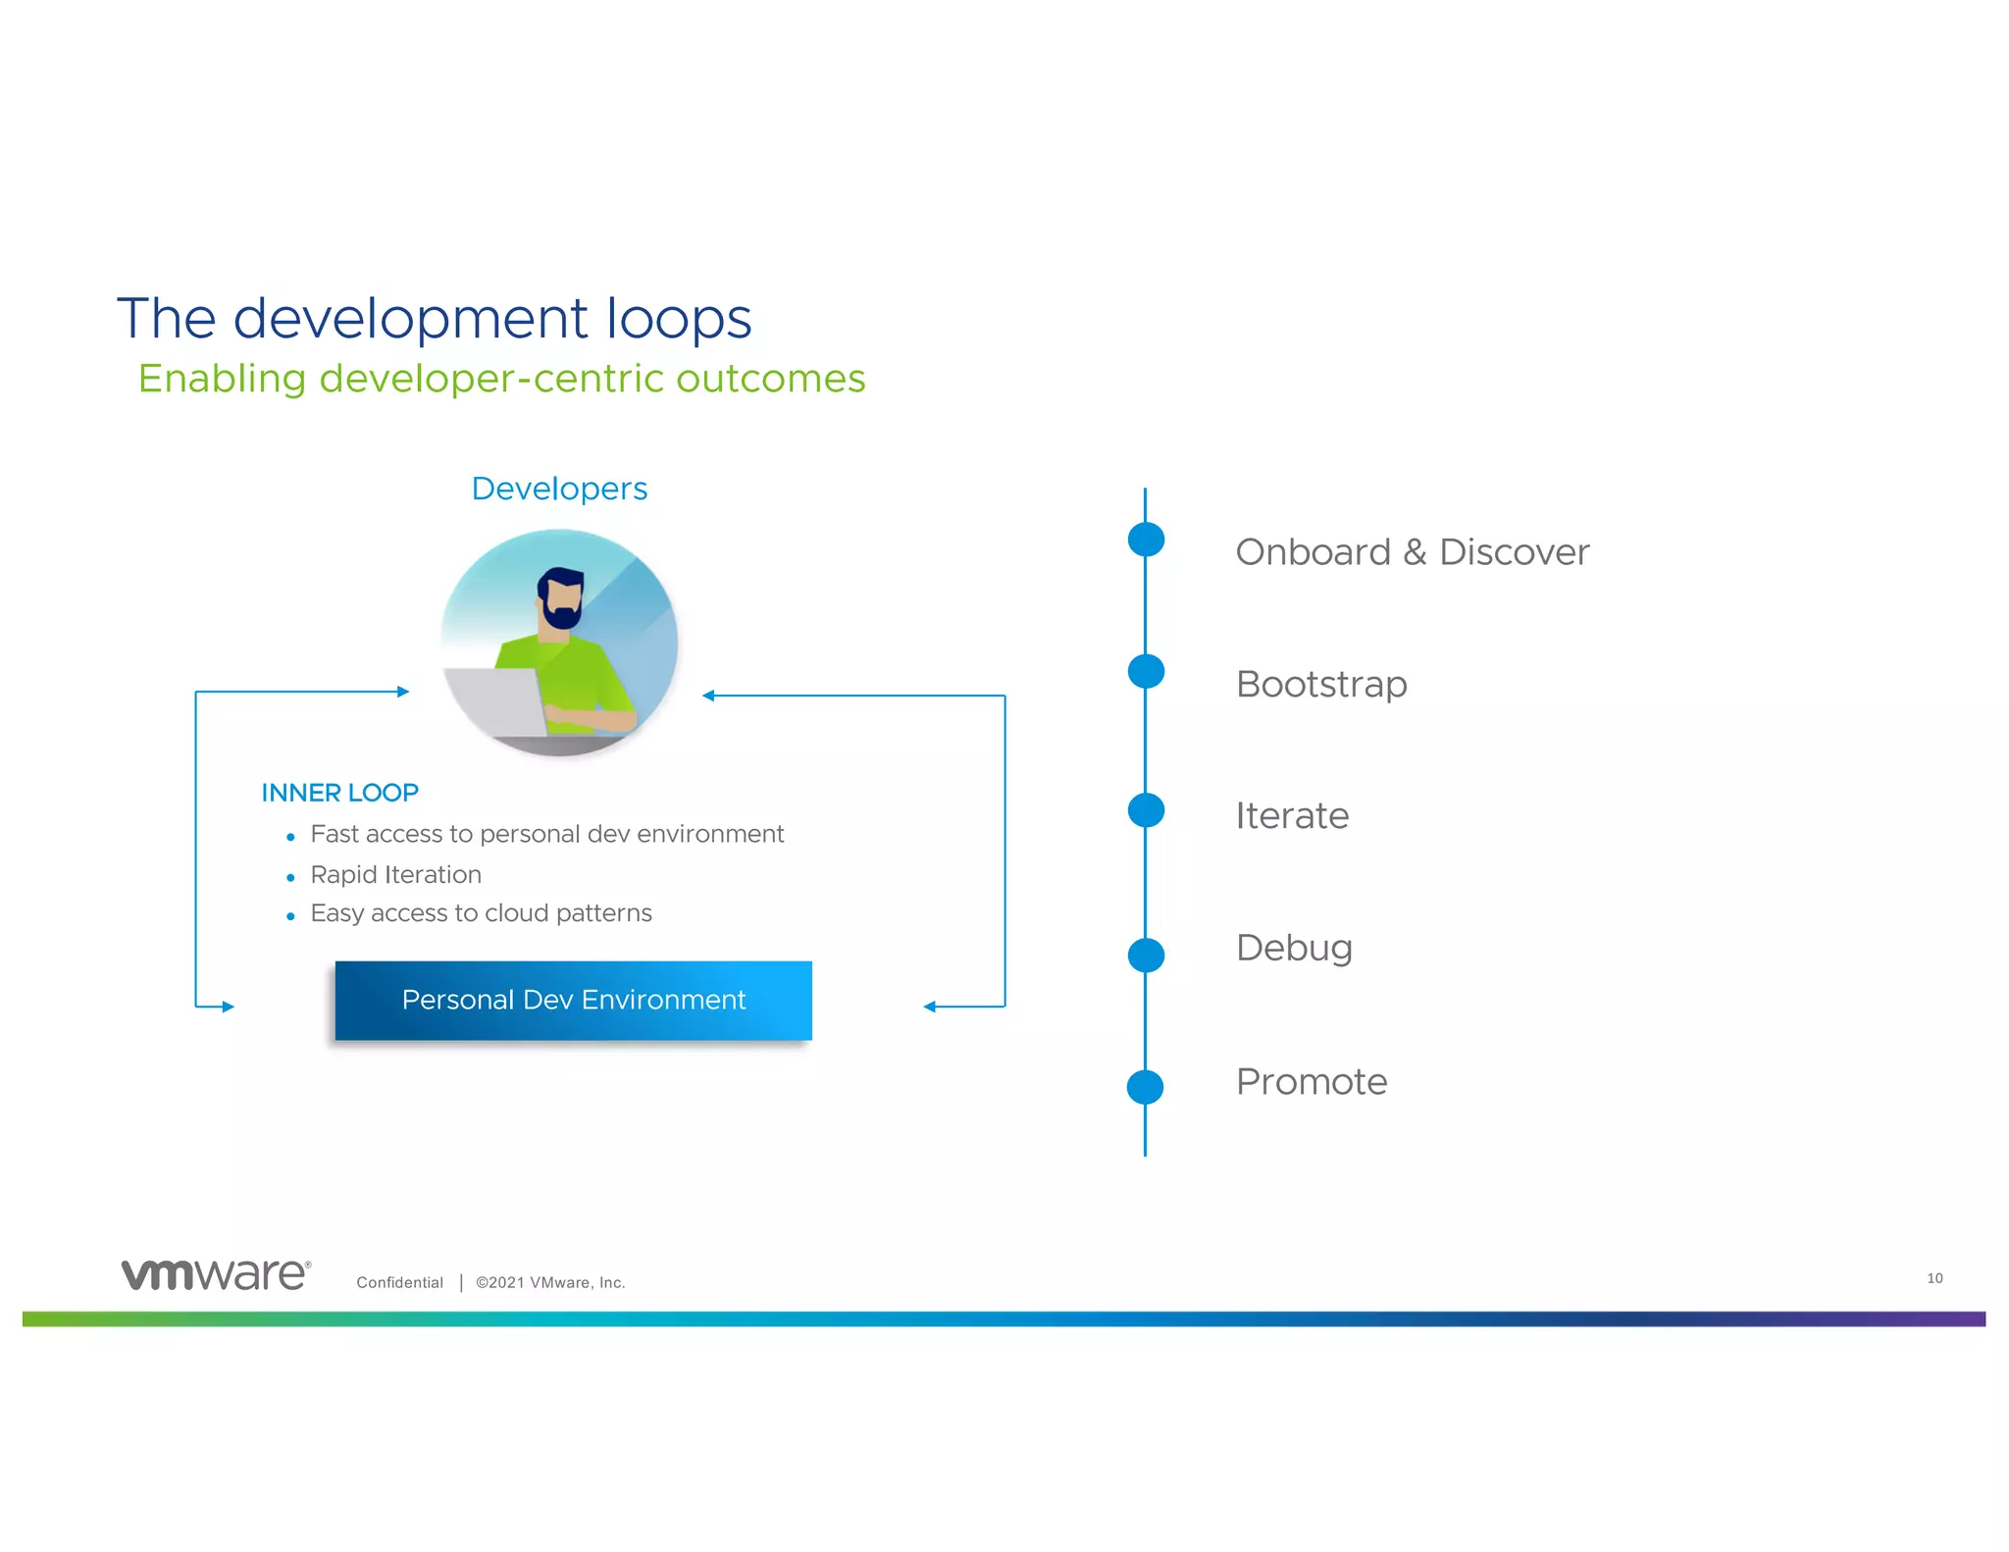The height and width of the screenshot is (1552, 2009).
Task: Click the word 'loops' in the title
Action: pos(678,320)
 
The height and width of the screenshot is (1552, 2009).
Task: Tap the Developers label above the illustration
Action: pos(559,489)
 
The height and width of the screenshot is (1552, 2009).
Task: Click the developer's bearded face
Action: pos(562,600)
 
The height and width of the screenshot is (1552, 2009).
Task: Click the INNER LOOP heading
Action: pos(339,793)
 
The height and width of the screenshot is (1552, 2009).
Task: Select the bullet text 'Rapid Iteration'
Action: pos(395,874)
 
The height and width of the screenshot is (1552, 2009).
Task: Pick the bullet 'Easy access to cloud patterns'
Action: pos(481,913)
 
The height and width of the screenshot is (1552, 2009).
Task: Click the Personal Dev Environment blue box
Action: pos(573,1000)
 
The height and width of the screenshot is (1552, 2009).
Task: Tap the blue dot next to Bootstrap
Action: pos(1146,672)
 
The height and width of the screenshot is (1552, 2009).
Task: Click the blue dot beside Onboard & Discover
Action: pos(1146,539)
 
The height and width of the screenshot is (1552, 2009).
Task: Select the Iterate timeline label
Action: pos(1292,816)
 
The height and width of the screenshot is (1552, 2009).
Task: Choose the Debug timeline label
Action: pos(1294,949)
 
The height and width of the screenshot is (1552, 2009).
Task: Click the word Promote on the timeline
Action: pos(1312,1082)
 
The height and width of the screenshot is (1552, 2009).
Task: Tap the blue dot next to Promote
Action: pos(1145,1087)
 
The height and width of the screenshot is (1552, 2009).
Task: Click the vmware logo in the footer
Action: pos(216,1274)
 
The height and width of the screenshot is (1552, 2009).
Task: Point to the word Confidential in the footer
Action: pos(399,1282)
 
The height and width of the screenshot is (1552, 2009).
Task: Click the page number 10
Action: pos(1934,1278)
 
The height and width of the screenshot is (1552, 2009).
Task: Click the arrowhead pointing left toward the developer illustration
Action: pos(708,696)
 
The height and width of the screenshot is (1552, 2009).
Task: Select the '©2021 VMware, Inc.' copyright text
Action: pos(550,1282)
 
